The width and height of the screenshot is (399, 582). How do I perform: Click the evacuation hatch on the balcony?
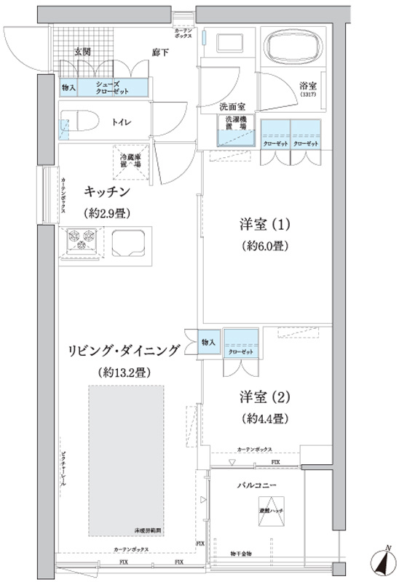pyautogui.click(x=272, y=509)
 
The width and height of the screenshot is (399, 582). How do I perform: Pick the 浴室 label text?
pyautogui.click(x=307, y=85)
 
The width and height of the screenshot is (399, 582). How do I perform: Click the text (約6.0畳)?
pyautogui.click(x=266, y=246)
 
